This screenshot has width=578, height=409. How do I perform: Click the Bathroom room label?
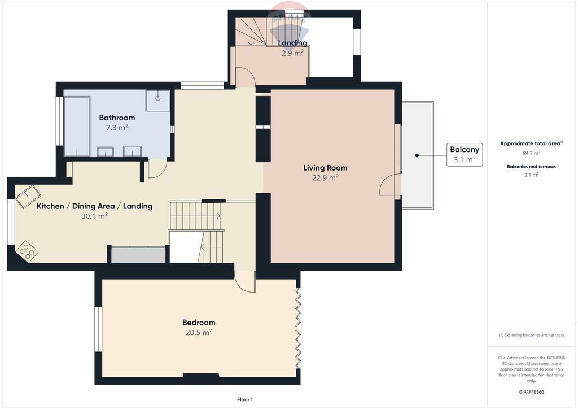click(117, 118)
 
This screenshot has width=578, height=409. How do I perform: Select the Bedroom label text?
click(199, 323)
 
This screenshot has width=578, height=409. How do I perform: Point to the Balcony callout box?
click(465, 155)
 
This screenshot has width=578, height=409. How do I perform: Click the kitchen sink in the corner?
click(28, 197)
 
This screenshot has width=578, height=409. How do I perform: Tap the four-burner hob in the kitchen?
click(27, 251)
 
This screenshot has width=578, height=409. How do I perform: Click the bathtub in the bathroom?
click(77, 127)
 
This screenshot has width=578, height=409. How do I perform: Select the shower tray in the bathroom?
click(157, 101)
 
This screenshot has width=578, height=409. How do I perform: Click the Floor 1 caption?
click(245, 399)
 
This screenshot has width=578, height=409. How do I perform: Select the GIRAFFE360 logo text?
click(531, 392)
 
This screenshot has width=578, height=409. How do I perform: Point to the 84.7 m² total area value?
click(531, 153)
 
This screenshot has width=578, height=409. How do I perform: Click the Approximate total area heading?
click(531, 143)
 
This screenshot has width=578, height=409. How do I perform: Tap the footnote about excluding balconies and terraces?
click(531, 335)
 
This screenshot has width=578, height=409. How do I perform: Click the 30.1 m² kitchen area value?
click(94, 216)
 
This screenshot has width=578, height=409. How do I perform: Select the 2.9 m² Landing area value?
click(293, 53)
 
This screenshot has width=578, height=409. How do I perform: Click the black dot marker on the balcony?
click(417, 155)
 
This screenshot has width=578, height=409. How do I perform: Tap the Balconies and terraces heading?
click(531, 167)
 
